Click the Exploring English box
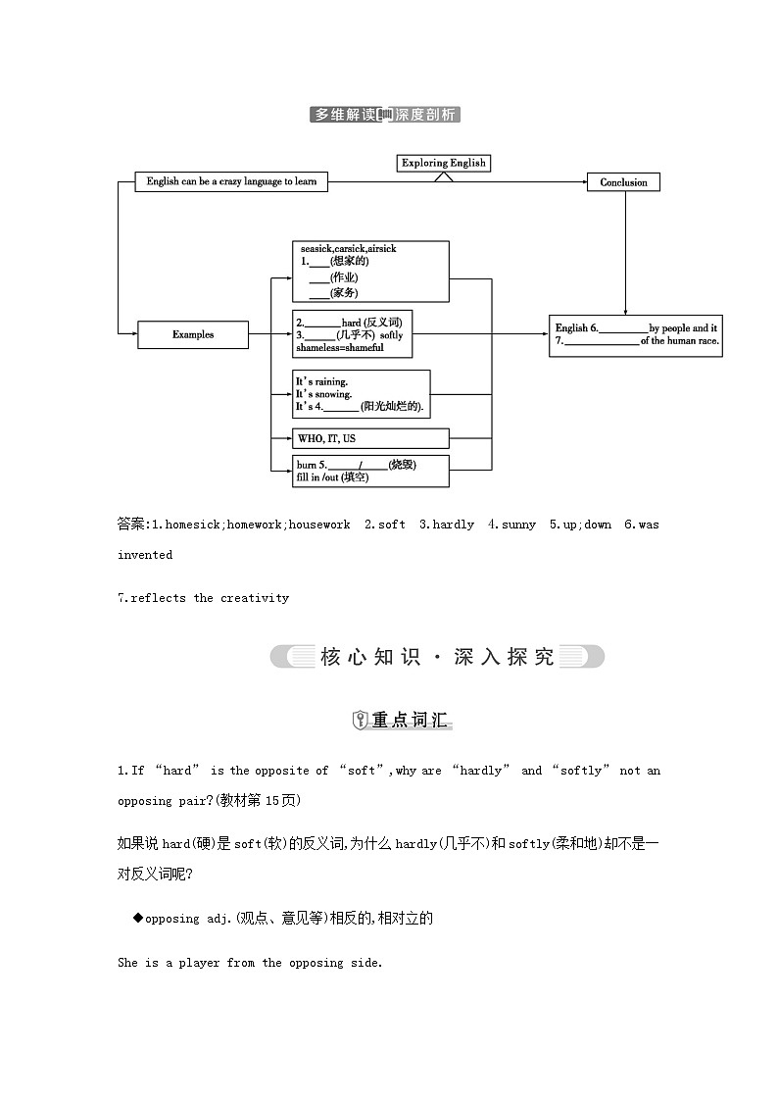(x=443, y=163)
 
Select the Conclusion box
(x=623, y=182)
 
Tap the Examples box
(x=192, y=334)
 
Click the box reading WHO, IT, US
(x=370, y=438)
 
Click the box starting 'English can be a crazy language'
(x=231, y=181)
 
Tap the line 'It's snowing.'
(x=323, y=394)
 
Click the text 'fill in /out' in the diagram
(x=316, y=477)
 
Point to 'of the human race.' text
(x=680, y=341)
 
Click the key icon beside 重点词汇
(x=360, y=721)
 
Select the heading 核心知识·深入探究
(x=437, y=657)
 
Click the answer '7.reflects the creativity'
(x=204, y=598)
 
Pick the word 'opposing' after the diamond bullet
(x=172, y=919)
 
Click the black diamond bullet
(x=137, y=918)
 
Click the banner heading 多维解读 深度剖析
(x=384, y=115)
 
